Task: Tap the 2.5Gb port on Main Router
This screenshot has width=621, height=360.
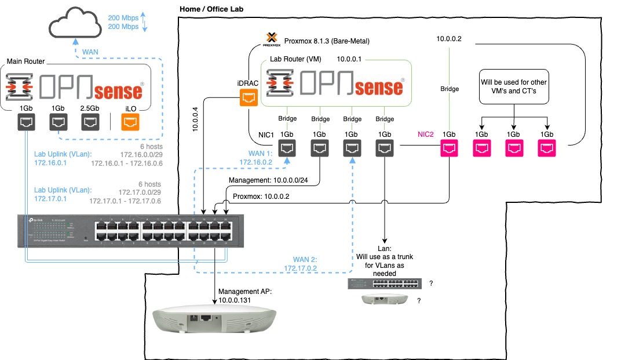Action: coord(89,122)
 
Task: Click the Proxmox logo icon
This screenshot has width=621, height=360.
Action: coord(271,39)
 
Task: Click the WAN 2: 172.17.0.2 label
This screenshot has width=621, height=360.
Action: coord(301,264)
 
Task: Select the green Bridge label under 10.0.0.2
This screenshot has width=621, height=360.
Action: coord(450,89)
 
